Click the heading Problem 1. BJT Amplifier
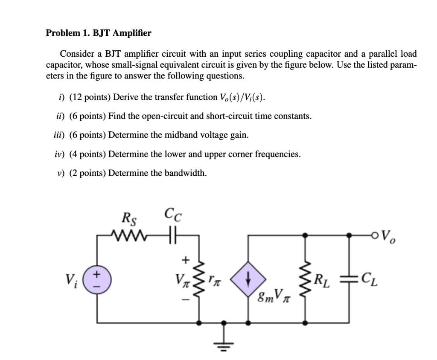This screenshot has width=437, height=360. [98, 33]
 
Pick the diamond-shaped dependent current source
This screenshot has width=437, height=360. [248, 280]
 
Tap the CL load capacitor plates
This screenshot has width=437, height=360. [349, 280]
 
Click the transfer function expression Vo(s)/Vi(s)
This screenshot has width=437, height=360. [242, 98]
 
